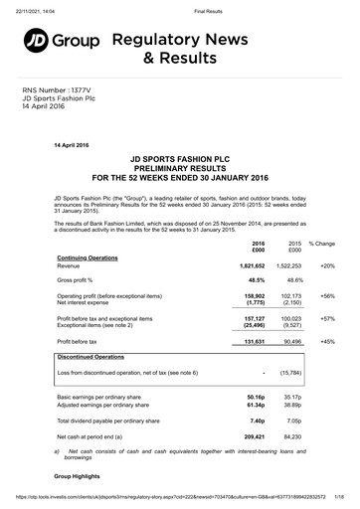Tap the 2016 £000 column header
point(258,247)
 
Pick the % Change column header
point(322,243)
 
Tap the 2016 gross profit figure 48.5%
point(257,281)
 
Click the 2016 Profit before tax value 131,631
point(254,341)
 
